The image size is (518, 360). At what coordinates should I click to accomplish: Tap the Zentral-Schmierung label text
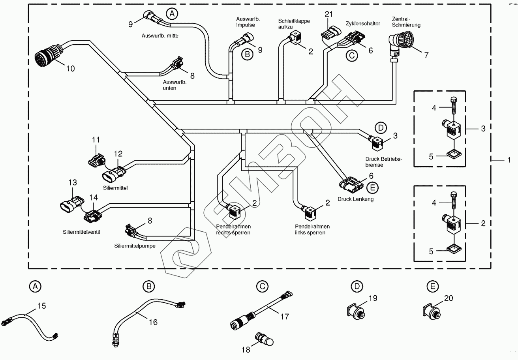[x=405, y=22]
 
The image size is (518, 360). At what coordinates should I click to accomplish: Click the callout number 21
[x=329, y=15]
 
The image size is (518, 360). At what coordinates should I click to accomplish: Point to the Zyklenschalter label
[x=363, y=24]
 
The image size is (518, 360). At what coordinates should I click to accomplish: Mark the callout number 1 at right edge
[x=509, y=160]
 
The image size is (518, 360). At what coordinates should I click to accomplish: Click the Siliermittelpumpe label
[x=135, y=246]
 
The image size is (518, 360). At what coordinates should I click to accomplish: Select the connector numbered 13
[x=70, y=203]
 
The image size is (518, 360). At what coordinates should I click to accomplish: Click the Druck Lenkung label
[x=355, y=199]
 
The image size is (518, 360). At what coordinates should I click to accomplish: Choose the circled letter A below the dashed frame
[x=35, y=286]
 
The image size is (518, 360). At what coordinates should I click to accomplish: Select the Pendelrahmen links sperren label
[x=312, y=229]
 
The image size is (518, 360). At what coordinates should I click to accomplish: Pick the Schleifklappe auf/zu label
[x=294, y=24]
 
